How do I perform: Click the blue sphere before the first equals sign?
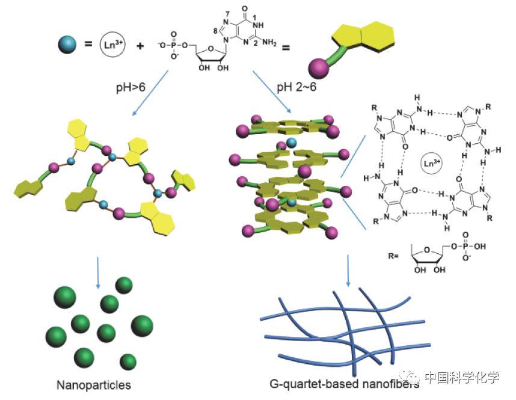66,43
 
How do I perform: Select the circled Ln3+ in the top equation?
112,45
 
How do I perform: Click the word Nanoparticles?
93,384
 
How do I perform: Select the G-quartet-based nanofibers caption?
336,385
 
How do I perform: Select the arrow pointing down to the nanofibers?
348,270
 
